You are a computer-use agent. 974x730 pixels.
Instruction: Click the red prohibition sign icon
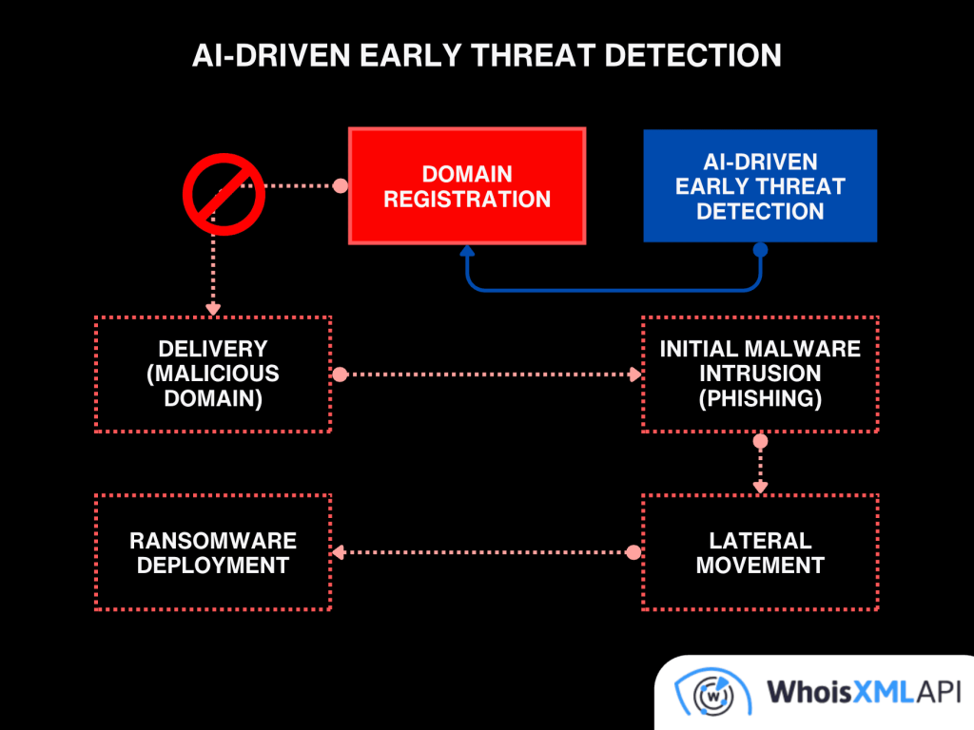coord(224,194)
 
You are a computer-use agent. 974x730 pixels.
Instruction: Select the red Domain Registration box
coord(467,186)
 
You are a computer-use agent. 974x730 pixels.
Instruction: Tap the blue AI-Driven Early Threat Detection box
coord(760,186)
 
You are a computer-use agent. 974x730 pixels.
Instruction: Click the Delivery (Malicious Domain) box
coord(213,375)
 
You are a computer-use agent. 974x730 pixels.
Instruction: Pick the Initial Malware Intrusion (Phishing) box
coord(760,375)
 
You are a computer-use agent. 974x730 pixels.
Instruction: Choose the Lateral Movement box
coord(760,552)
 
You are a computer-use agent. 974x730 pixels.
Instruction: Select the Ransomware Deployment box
coord(213,552)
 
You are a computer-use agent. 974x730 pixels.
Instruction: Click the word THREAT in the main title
coord(534,55)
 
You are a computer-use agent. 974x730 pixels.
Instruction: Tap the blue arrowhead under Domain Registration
coord(467,254)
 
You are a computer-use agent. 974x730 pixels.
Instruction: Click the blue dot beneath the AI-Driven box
coord(760,250)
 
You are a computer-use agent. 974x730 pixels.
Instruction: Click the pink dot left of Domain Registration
coord(339,186)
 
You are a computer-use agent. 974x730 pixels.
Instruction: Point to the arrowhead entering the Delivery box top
coord(213,309)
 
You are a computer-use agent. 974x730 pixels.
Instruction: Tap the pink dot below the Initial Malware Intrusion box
coord(760,441)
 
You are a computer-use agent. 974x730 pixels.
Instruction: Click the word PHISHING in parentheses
coord(760,398)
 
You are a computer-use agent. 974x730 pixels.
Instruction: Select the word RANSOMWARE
coord(213,541)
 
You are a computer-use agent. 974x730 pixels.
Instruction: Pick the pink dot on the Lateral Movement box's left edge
coord(634,552)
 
